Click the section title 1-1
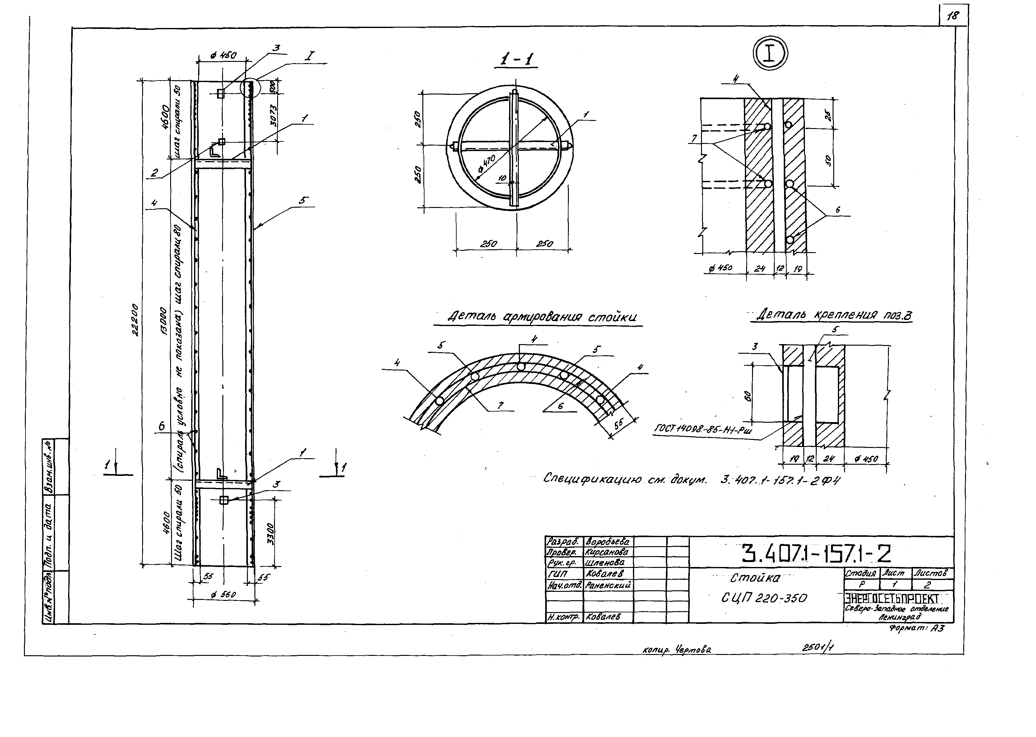516,60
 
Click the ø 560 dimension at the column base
223,595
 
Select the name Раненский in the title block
608,585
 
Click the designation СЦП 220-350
764,599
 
